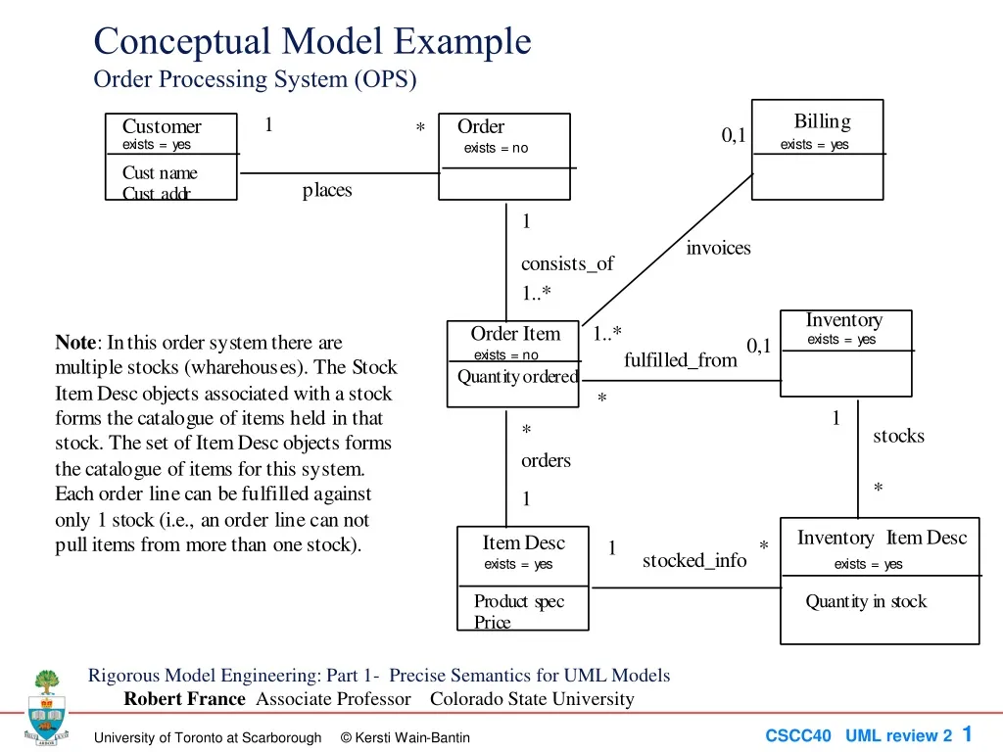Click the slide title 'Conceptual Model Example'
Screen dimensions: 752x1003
tap(311, 42)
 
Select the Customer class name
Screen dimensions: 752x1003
tap(162, 126)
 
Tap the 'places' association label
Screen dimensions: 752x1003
tap(327, 190)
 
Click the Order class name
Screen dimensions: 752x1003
tap(481, 126)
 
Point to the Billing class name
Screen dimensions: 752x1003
tap(822, 121)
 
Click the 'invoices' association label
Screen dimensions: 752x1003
tap(718, 248)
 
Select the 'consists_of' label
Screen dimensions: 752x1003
tap(567, 263)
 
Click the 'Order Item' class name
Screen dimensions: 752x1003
tap(515, 334)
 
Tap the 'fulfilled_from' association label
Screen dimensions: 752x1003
tap(680, 360)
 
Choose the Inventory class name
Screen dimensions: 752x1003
tap(843, 320)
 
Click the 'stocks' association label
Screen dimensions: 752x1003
tap(898, 436)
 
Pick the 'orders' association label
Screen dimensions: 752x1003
tap(546, 460)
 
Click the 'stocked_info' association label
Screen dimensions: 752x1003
tap(693, 560)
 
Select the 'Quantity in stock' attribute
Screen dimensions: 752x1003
tap(866, 601)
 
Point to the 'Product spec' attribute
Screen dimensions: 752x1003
tap(519, 601)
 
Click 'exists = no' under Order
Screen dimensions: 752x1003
tap(496, 148)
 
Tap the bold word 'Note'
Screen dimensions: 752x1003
tap(75, 343)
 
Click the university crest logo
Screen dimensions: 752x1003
tap(46, 706)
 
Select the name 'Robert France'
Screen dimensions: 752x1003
tap(184, 699)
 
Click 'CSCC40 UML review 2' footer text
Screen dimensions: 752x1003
tap(858, 735)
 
